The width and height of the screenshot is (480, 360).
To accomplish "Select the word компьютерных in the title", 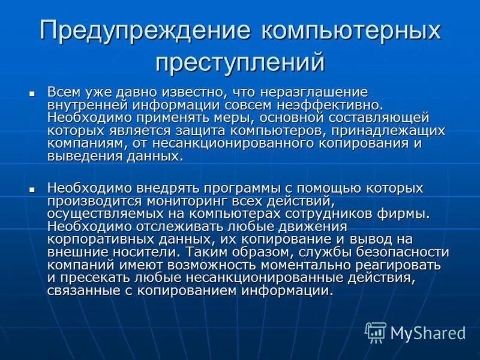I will point(350,31).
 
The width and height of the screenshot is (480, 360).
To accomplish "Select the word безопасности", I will point(400,251).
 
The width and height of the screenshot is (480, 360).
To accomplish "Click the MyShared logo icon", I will point(376,332).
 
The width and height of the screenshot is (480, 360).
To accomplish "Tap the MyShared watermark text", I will point(428,332).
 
